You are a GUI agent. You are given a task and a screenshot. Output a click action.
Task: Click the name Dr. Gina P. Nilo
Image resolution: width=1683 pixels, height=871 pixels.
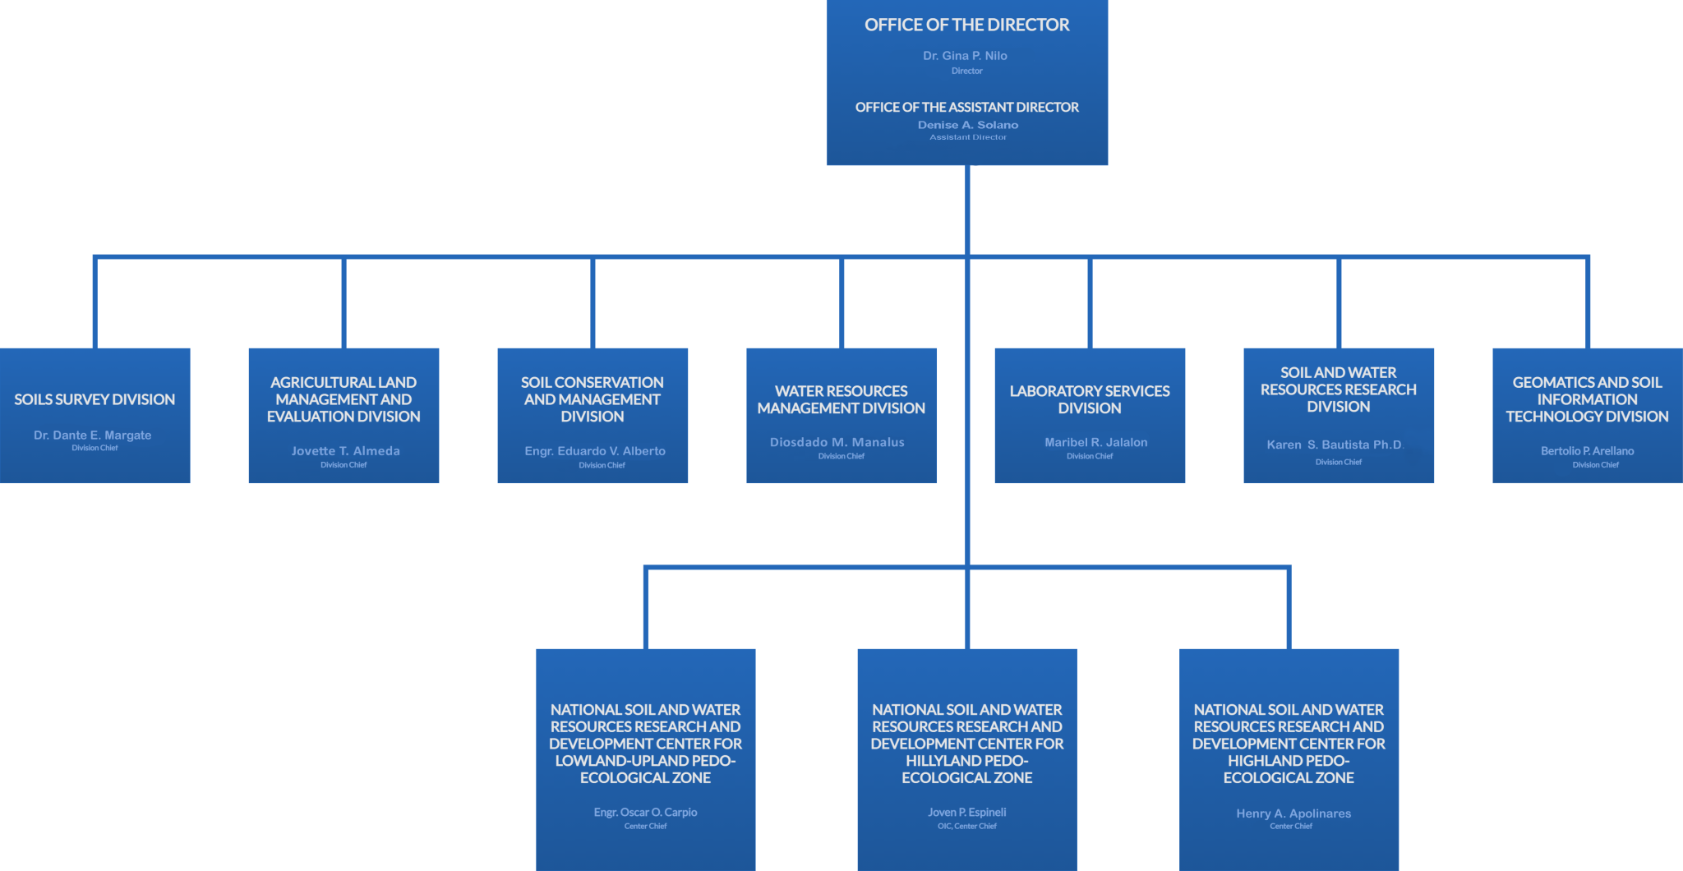(x=965, y=56)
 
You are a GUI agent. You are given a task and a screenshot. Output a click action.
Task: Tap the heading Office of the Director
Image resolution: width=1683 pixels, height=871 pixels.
(x=966, y=25)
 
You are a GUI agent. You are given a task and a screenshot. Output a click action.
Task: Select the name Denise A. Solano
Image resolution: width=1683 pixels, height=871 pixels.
(x=968, y=125)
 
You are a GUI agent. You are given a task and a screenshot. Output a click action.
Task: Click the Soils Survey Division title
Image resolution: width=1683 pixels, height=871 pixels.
(x=95, y=399)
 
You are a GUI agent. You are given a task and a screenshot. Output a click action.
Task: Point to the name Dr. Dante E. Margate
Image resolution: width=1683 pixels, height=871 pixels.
(x=93, y=435)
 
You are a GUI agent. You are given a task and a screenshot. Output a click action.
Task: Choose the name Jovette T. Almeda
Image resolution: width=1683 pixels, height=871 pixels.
(x=346, y=451)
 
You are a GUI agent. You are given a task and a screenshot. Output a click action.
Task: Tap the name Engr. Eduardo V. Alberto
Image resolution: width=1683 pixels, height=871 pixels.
(x=595, y=451)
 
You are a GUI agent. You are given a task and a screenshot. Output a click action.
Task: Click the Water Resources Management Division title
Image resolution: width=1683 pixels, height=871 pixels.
(x=841, y=399)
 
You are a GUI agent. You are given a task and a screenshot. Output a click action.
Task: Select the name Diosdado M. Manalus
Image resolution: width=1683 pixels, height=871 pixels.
(x=837, y=442)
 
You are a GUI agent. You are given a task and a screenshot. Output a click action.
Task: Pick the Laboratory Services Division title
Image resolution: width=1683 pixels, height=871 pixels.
(x=1090, y=399)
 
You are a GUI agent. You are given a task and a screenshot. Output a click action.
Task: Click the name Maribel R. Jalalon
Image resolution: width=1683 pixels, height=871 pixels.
(x=1096, y=442)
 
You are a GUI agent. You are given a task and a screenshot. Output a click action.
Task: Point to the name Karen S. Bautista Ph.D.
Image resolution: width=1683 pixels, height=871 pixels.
(x=1335, y=445)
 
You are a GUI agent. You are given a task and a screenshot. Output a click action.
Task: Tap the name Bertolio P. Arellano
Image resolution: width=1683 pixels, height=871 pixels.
(x=1588, y=451)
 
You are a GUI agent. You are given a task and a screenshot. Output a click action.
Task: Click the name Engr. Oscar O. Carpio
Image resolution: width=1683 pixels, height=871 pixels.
(x=645, y=813)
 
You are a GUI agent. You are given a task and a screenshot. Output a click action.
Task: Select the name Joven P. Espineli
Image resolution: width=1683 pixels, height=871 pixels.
(x=967, y=813)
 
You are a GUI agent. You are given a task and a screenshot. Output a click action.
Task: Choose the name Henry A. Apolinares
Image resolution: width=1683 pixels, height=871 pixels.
(x=1293, y=813)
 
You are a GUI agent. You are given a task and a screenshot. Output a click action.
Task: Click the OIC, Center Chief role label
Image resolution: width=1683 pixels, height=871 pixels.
(x=967, y=827)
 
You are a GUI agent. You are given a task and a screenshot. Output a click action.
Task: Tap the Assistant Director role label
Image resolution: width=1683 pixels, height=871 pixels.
(x=968, y=137)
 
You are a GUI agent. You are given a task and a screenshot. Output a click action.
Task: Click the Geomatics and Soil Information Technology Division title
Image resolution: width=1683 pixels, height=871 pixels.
(x=1588, y=399)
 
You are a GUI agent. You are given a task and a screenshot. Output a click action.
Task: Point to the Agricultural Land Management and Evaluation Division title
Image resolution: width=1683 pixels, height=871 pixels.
(x=344, y=399)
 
